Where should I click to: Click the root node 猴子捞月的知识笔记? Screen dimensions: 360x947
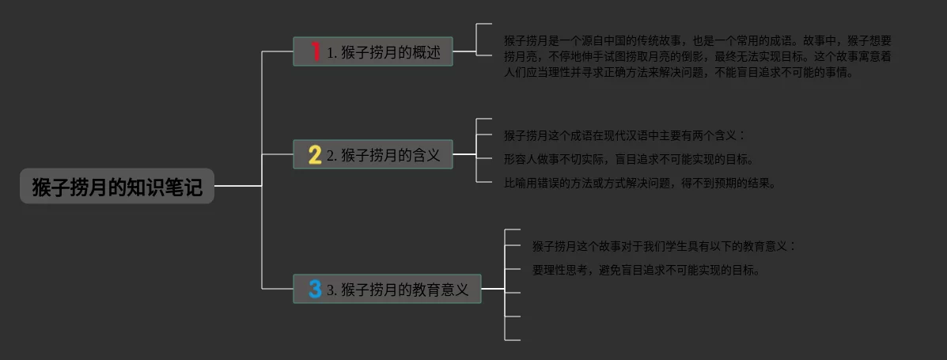(117, 187)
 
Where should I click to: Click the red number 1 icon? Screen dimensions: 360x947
(315, 52)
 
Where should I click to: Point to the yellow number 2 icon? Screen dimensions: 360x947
(314, 154)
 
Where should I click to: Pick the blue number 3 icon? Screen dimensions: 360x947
(315, 290)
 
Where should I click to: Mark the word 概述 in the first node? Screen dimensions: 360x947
(432, 52)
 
